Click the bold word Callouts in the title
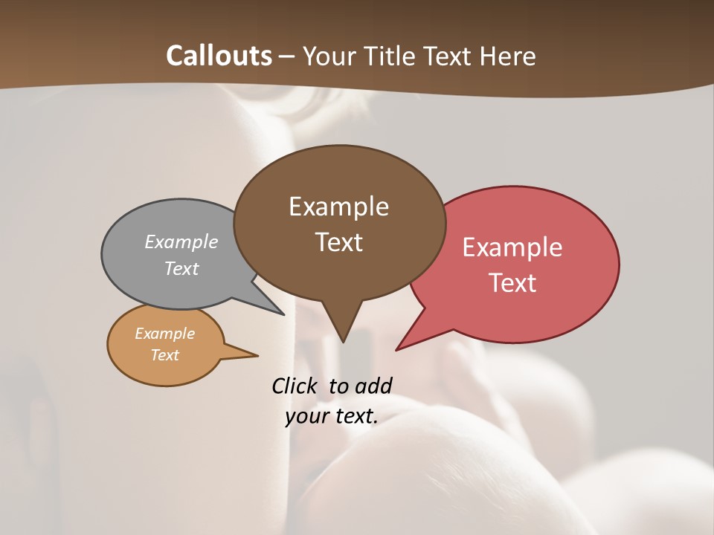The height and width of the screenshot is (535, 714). (219, 56)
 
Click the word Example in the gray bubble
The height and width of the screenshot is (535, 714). (181, 241)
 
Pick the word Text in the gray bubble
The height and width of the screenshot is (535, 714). (181, 268)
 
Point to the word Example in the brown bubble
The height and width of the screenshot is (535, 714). (338, 207)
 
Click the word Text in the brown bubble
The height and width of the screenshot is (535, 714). (338, 242)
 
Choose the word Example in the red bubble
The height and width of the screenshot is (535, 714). (512, 247)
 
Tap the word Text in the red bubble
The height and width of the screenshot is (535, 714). (512, 283)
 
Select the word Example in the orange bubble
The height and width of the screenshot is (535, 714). (164, 334)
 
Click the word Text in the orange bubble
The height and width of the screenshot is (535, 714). (164, 355)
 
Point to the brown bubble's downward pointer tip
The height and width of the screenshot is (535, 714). (343, 341)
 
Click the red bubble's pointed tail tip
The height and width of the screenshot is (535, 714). (397, 349)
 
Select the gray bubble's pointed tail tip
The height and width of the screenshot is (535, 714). (283, 314)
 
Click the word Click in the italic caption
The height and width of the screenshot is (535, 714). (295, 386)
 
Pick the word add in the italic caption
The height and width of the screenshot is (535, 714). (373, 386)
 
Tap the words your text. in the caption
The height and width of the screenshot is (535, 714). (332, 416)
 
